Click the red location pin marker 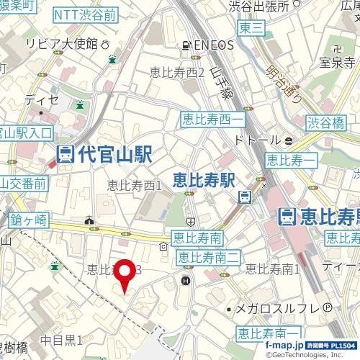click(x=127, y=274)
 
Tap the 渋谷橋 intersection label click(x=328, y=122)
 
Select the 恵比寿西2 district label click(x=177, y=71)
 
